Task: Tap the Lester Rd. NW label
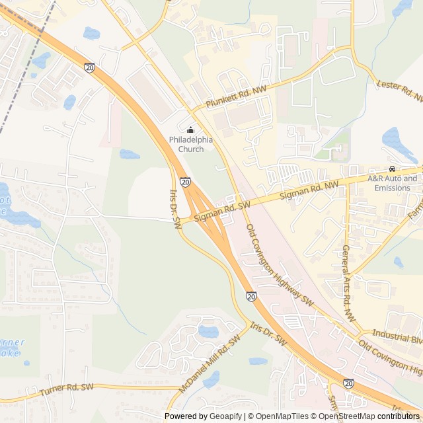coord(399,91)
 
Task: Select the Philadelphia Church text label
coord(191,144)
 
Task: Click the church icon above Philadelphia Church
coord(191,130)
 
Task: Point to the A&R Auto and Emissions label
coord(393,183)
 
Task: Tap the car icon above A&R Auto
coord(392,169)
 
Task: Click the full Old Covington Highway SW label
coord(280,264)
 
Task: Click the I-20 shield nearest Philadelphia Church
coord(186,181)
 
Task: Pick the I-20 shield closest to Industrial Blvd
coord(348,383)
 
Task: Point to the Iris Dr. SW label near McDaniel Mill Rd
coord(268,334)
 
